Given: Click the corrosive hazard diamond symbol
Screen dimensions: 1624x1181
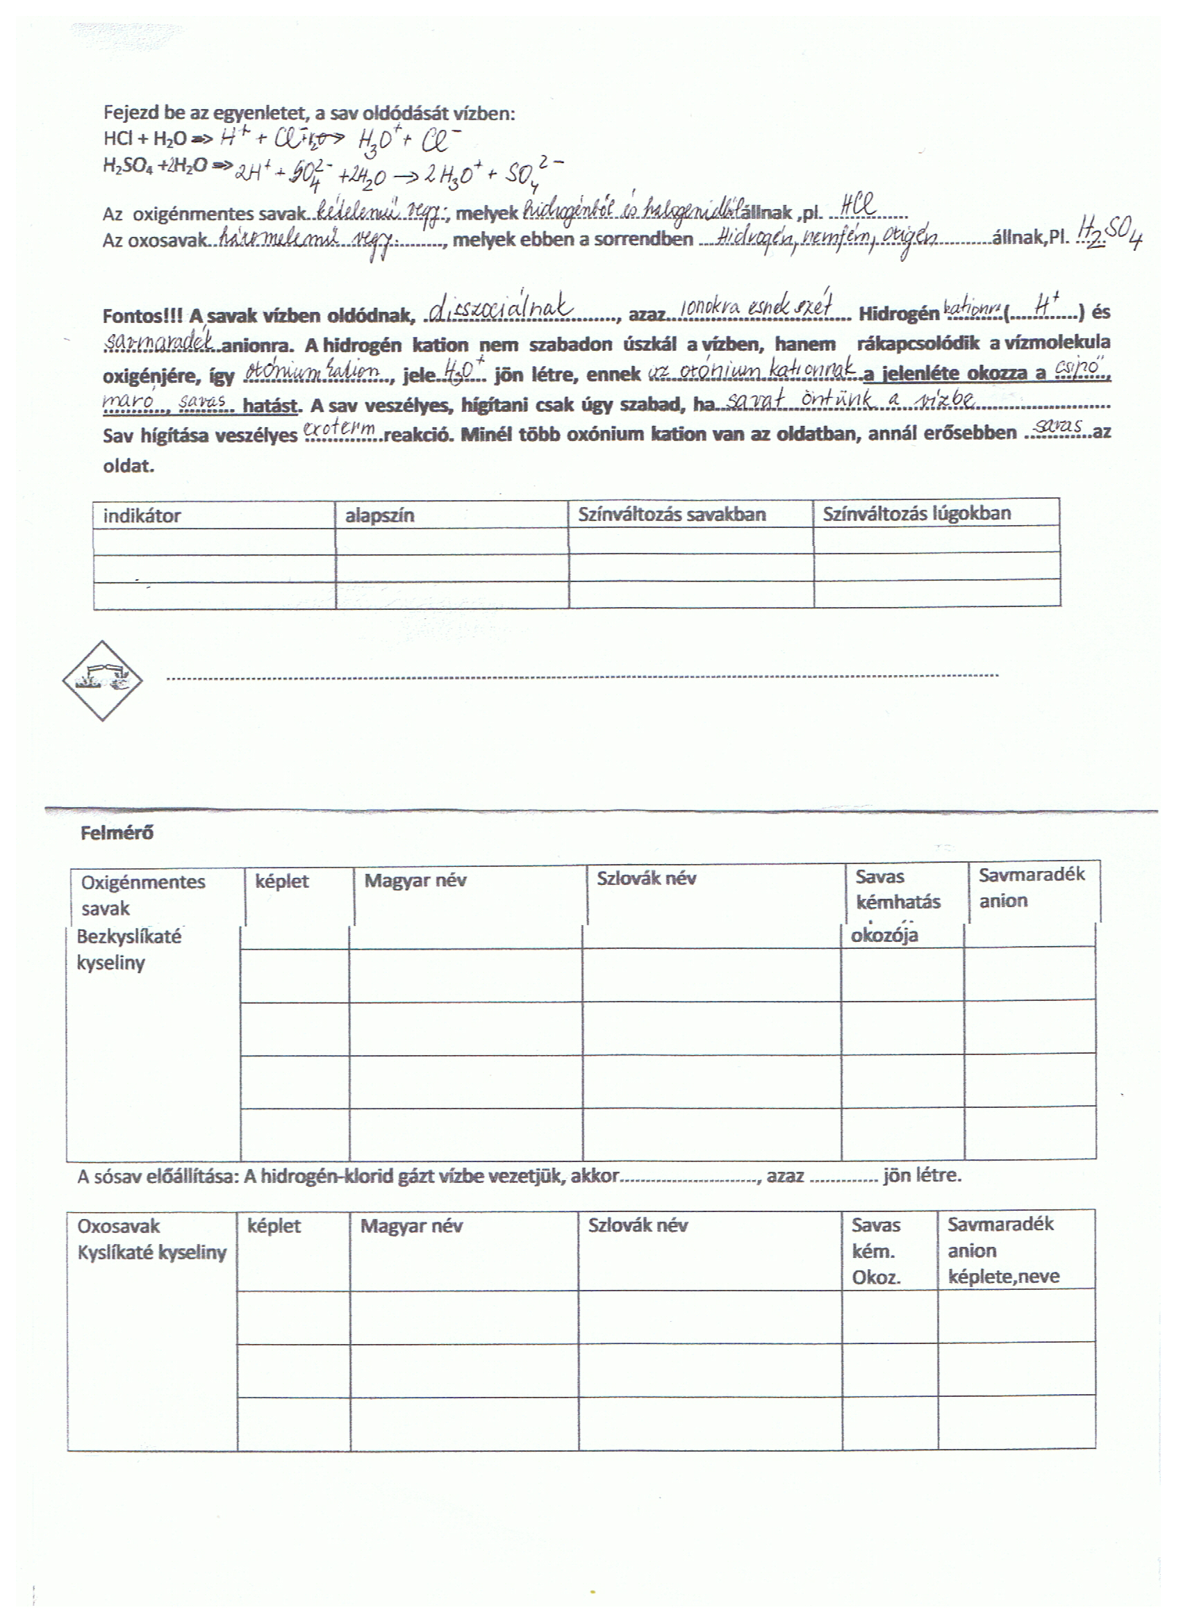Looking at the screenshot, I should point(102,680).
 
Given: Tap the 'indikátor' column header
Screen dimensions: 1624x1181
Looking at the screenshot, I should point(142,515).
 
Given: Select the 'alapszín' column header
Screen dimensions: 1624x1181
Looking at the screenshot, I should point(379,515).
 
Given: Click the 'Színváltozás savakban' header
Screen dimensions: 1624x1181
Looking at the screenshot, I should point(672,514).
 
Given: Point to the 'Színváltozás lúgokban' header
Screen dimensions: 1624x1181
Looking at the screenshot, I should point(917,513).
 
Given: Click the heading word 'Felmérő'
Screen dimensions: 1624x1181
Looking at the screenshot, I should point(117,833).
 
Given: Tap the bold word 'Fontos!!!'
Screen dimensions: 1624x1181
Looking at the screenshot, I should point(142,316).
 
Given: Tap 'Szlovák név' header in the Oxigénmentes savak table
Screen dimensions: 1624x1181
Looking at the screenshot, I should point(646,879).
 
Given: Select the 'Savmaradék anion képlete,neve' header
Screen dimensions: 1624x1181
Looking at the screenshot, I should point(1002,1250).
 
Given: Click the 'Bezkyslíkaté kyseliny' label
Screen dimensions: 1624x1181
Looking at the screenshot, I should point(129,950).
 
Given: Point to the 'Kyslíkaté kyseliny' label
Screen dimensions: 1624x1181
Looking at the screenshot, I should point(152,1252).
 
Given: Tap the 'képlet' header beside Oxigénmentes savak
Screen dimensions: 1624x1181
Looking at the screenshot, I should point(281,881).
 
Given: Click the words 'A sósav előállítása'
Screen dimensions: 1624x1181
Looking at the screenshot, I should point(158,1176).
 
